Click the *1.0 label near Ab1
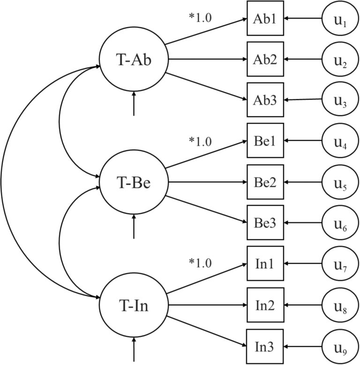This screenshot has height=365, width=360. [200, 18]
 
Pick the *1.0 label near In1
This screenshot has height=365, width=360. [200, 263]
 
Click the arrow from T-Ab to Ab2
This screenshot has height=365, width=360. [208, 59]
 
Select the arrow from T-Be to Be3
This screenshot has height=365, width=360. [206, 210]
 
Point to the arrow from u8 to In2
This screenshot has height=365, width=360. [303, 305]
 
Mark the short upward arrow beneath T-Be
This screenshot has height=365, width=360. [134, 227]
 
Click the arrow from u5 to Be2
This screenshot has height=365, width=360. [303, 182]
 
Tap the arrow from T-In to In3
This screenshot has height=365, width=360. [207, 332]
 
